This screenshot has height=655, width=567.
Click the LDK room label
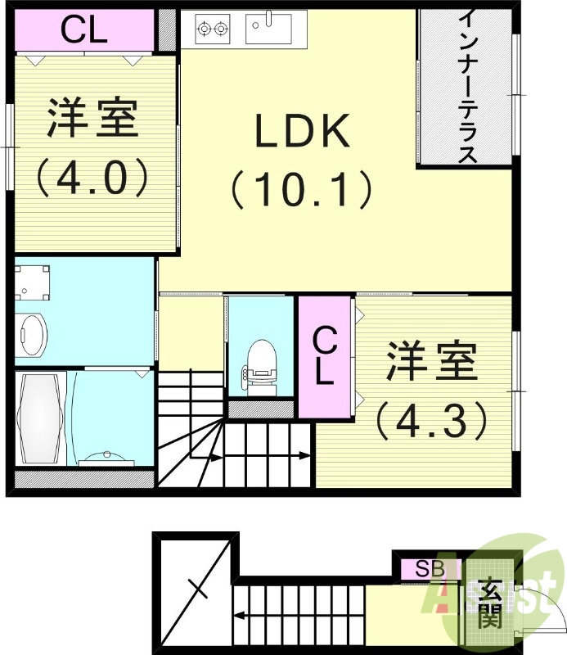[303, 131]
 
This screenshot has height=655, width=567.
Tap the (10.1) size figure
[302, 189]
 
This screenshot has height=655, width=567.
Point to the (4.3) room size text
[432, 421]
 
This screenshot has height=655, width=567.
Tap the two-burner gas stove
[211, 29]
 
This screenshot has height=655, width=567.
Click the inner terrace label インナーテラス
[467, 86]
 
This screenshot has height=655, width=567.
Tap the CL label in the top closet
[84, 31]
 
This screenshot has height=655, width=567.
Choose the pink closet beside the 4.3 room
[325, 355]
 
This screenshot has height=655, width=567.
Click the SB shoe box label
[427, 567]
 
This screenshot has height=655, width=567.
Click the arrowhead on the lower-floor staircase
[236, 614]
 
